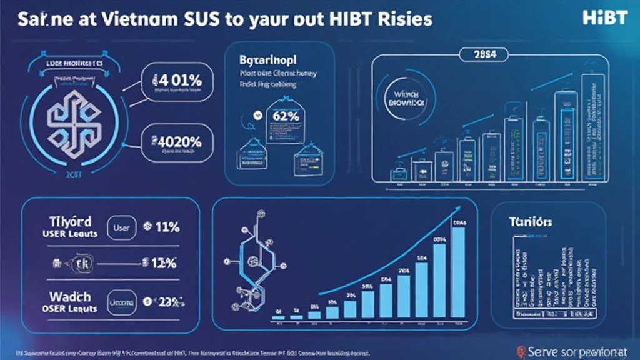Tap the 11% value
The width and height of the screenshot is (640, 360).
164,227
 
